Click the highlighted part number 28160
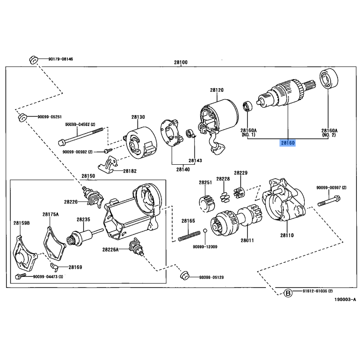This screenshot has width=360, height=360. pyautogui.click(x=288, y=143)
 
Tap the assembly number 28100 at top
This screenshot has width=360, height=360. pyautogui.click(x=181, y=62)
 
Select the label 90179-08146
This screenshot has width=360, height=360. pyautogui.click(x=61, y=59)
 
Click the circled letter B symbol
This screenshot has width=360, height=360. pyautogui.click(x=288, y=293)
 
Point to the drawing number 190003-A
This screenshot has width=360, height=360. pyautogui.click(x=345, y=299)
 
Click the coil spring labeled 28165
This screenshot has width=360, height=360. pyautogui.click(x=189, y=236)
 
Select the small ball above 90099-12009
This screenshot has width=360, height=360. pyautogui.click(x=205, y=230)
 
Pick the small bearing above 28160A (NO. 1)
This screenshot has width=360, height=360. pyautogui.click(x=247, y=106)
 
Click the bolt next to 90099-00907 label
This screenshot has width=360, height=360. pyautogui.click(x=329, y=201)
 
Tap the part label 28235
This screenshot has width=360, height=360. pyautogui.click(x=83, y=220)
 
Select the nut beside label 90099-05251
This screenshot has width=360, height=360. pyautogui.click(x=22, y=117)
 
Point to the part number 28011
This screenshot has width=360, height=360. pyautogui.click(x=247, y=240)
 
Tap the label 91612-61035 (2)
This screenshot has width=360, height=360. pyautogui.click(x=318, y=291)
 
